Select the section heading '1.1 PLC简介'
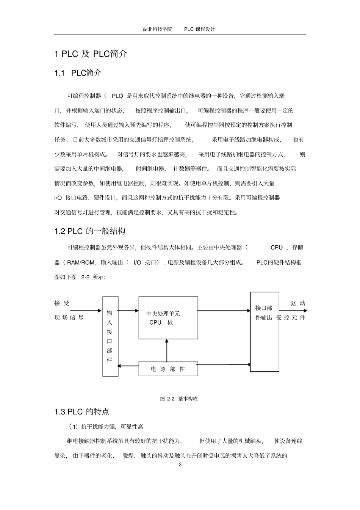click(x=78, y=73)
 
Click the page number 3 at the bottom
click(x=180, y=465)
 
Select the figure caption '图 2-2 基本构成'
click(x=179, y=399)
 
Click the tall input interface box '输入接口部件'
click(x=110, y=336)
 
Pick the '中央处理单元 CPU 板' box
click(x=168, y=318)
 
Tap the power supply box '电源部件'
click(x=168, y=369)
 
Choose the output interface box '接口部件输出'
click(x=264, y=332)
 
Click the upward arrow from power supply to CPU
click(x=167, y=350)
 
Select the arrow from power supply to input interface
click(x=128, y=366)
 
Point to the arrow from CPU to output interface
click(x=224, y=311)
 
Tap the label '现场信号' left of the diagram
click(x=69, y=318)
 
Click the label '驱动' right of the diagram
click(x=298, y=303)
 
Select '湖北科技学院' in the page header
click(x=157, y=29)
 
